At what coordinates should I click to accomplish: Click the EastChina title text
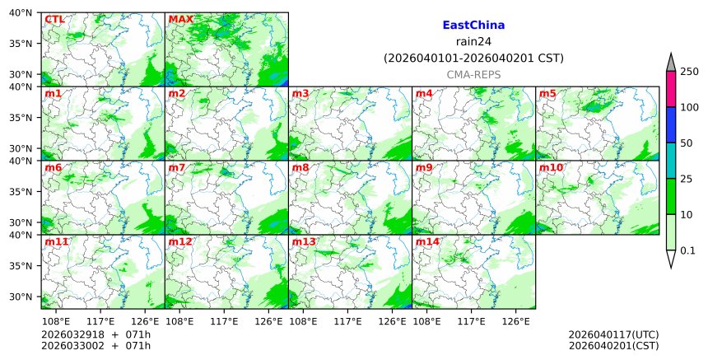coord(473,26)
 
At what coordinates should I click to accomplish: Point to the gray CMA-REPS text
coord(473,74)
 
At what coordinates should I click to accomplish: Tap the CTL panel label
coord(54,19)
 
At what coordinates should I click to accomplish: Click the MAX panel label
coord(180,19)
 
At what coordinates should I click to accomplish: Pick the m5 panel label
coord(547,94)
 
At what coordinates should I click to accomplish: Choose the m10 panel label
coord(551,168)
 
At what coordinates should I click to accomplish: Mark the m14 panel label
coord(427,242)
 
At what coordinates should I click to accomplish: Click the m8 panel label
coord(300,168)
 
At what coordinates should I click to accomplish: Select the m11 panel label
coord(57,242)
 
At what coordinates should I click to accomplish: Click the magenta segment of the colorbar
coord(671,89)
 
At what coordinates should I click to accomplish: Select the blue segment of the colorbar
coord(671,125)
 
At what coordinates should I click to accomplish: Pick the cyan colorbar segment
coord(671,161)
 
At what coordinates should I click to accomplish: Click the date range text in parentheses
coord(473,58)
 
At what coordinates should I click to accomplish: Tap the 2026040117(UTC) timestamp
coord(613,334)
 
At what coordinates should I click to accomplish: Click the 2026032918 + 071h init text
coord(90,334)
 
